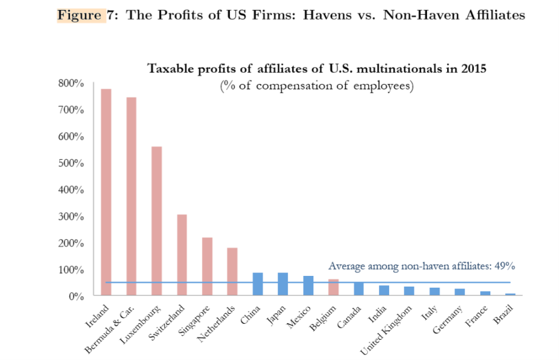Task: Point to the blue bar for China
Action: pyautogui.click(x=258, y=284)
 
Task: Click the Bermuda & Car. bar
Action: pyautogui.click(x=131, y=196)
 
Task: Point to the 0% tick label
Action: pyautogui.click(x=76, y=297)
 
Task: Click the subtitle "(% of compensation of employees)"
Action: pyautogui.click(x=316, y=86)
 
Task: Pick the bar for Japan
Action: pyautogui.click(x=283, y=284)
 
